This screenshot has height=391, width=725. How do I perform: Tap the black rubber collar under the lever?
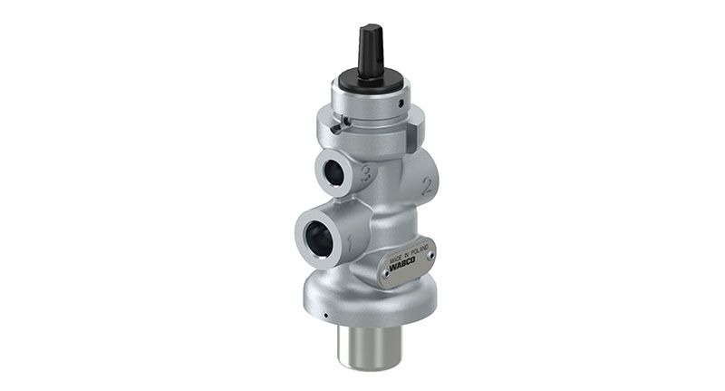coord(371,80)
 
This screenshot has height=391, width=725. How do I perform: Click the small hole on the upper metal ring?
coord(401,103)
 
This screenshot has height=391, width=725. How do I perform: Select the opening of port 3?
coord(336,173)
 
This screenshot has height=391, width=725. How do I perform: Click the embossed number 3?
coord(366,174)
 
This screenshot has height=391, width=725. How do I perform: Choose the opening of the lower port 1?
coord(319,239)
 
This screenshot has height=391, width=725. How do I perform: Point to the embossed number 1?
coord(351,243)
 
